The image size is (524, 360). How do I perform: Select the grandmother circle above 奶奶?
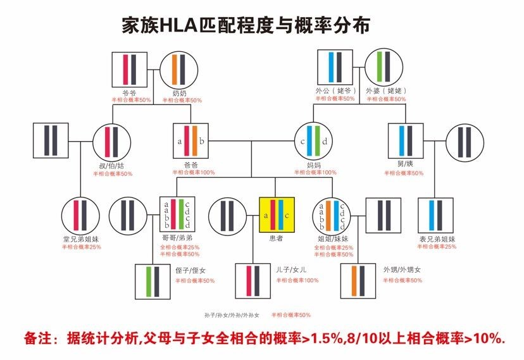pyautogui.click(x=178, y=69)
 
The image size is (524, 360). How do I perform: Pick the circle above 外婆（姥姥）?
pyautogui.click(x=386, y=69)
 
